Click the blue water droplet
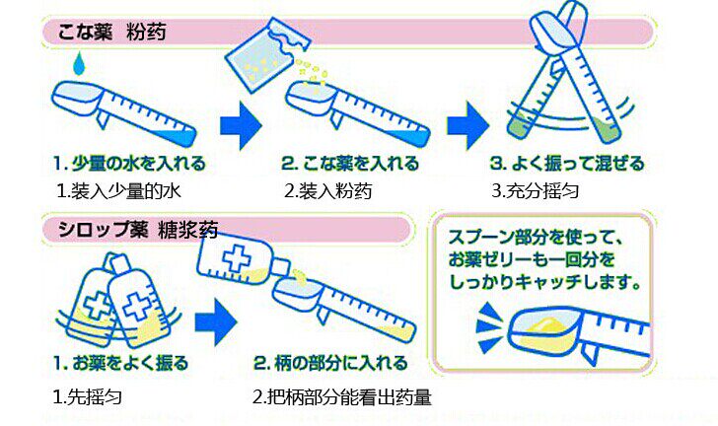79,64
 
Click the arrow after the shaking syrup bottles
216,322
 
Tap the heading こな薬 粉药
111,33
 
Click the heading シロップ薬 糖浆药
138,229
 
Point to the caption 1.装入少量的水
118,190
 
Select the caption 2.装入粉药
327,190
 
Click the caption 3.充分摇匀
536,190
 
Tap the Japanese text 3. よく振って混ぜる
567,164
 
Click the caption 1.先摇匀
88,396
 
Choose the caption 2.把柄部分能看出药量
342,397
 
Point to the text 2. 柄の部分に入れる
330,363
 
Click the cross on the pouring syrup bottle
237,258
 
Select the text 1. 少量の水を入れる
129,164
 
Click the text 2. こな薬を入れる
350,164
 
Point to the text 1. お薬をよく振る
121,363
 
